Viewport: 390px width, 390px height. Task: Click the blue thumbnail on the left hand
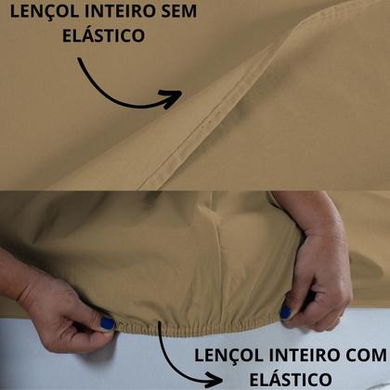(107, 323)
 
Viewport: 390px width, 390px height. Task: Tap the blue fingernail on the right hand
(287, 311)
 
